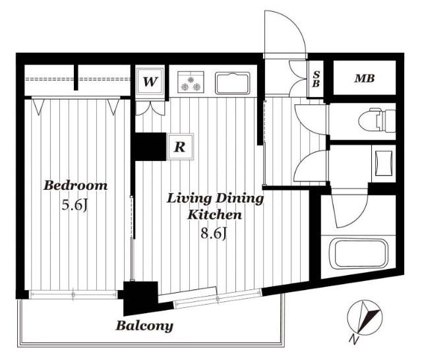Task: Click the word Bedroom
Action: click(x=75, y=185)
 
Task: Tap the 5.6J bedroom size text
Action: click(x=75, y=206)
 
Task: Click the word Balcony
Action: click(x=144, y=326)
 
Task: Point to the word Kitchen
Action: click(x=214, y=215)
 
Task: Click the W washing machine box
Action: click(x=150, y=81)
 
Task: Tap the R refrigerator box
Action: click(x=180, y=147)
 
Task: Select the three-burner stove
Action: click(x=191, y=82)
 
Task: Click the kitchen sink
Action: click(x=233, y=83)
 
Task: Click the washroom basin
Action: click(x=383, y=163)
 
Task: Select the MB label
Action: click(x=365, y=78)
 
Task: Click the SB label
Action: click(x=316, y=79)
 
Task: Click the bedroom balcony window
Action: click(x=73, y=294)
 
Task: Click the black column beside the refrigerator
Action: click(x=150, y=146)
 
